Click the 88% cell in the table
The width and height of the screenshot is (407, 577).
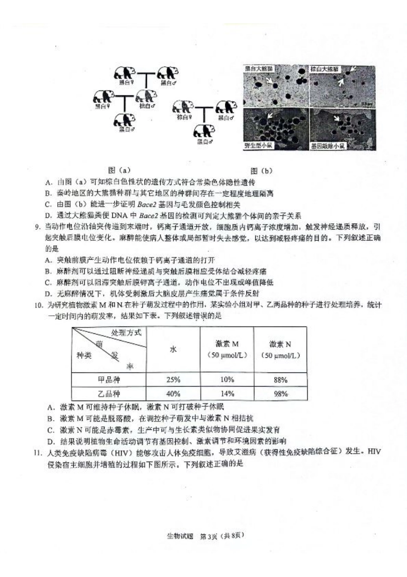pyautogui.click(x=280, y=380)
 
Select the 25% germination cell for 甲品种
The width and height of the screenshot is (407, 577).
pyautogui.click(x=173, y=380)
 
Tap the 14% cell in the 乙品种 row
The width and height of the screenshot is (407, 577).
pyautogui.click(x=227, y=393)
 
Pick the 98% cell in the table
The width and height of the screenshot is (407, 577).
pyautogui.click(x=280, y=393)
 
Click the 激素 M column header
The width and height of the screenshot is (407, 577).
pyautogui.click(x=227, y=349)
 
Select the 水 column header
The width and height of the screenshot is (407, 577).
pyautogui.click(x=173, y=349)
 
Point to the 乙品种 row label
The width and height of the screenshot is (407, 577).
pyautogui.click(x=109, y=393)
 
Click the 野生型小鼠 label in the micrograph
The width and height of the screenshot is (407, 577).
pyautogui.click(x=259, y=146)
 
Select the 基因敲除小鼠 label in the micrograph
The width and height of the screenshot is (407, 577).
pyautogui.click(x=328, y=146)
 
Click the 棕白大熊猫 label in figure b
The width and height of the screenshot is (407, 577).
pyautogui.click(x=324, y=69)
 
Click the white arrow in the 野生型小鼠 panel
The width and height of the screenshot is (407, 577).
pyautogui.click(x=270, y=115)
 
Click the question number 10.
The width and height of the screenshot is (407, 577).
pyautogui.click(x=39, y=305)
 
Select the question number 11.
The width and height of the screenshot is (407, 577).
pyautogui.click(x=39, y=452)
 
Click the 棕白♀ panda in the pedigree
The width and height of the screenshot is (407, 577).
pyautogui.click(x=183, y=107)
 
